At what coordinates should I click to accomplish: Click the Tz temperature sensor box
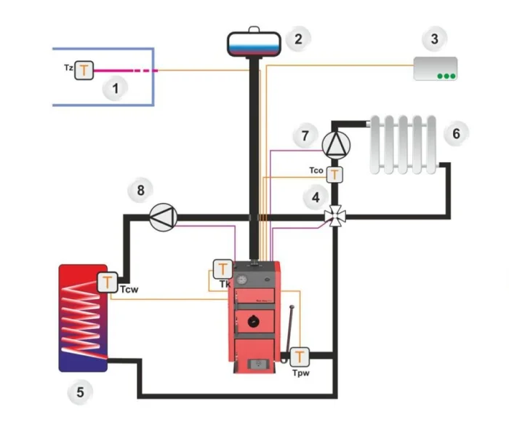click(85, 70)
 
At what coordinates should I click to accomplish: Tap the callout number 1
click(113, 90)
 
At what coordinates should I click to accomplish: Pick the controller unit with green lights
click(435, 68)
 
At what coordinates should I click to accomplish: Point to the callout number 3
click(435, 36)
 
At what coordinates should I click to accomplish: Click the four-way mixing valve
click(335, 215)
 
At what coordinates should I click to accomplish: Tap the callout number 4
click(315, 196)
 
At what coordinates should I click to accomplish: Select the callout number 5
click(80, 393)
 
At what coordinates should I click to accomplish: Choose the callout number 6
click(456, 133)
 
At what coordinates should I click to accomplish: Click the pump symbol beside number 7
click(335, 144)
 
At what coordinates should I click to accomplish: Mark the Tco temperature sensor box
click(334, 174)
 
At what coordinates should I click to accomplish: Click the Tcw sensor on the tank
click(108, 281)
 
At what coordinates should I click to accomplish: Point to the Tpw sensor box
click(300, 356)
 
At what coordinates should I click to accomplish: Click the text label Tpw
click(300, 372)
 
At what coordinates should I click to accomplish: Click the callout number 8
click(140, 191)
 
